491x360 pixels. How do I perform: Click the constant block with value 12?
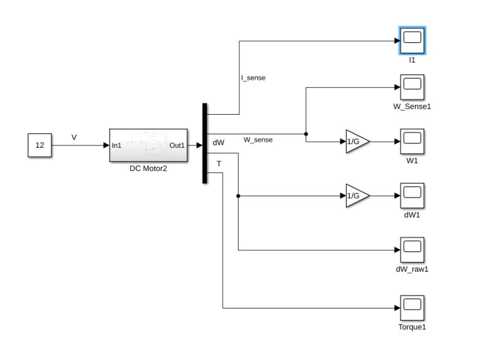(x=40, y=146)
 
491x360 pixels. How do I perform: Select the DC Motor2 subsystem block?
(x=148, y=145)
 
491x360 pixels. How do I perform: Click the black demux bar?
(x=204, y=143)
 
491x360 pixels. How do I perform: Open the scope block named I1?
(x=412, y=41)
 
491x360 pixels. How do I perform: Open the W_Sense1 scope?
(x=412, y=88)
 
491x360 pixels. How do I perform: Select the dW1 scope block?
(x=412, y=196)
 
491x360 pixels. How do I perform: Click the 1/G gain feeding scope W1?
(x=356, y=142)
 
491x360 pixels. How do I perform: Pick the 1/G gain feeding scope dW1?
(x=356, y=196)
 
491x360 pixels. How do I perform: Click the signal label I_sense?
(x=253, y=78)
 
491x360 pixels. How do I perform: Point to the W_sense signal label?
(x=258, y=140)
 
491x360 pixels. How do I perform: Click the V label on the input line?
(x=74, y=137)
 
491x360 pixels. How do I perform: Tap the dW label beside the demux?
(x=218, y=142)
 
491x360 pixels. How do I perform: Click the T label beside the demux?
(x=218, y=164)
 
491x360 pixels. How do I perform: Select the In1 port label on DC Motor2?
(x=117, y=146)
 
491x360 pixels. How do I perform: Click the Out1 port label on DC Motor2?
(x=177, y=146)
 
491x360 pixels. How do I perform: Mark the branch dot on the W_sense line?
(x=306, y=134)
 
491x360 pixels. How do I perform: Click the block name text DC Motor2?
(x=148, y=168)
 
